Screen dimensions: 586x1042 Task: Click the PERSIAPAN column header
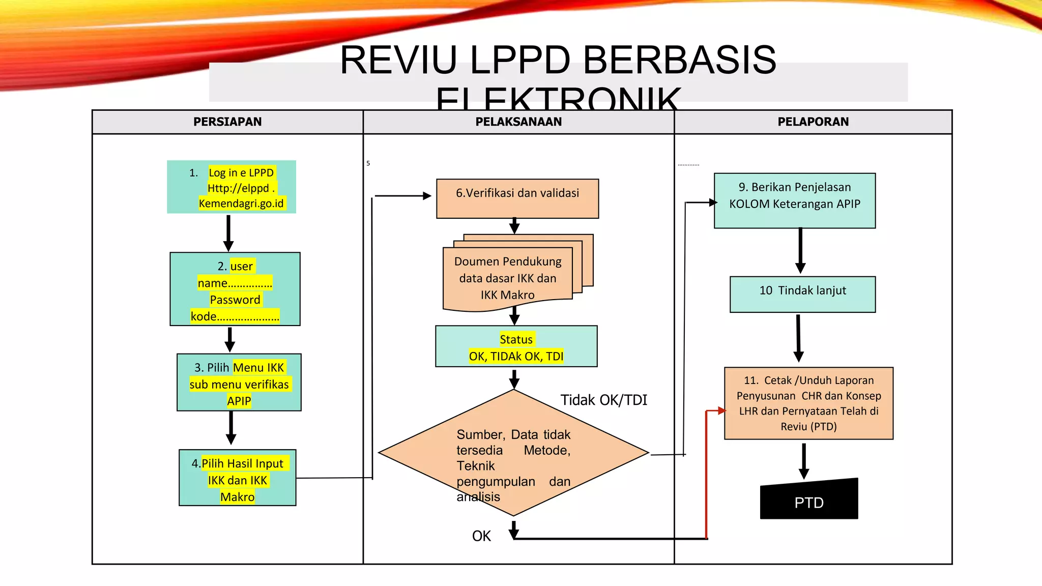[227, 122]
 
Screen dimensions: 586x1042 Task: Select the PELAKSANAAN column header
[518, 122]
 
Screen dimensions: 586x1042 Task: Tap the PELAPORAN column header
[813, 122]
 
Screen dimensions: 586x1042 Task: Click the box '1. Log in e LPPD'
[231, 187]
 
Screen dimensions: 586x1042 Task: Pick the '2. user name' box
[235, 289]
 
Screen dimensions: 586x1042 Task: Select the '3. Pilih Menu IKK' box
[239, 383]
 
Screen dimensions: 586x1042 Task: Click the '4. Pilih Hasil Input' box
[238, 478]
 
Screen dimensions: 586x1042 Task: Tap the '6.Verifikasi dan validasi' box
[517, 199]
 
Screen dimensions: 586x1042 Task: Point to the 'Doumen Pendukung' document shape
[508, 278]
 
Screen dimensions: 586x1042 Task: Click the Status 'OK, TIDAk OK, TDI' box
[516, 347]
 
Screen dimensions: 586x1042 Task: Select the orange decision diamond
[513, 453]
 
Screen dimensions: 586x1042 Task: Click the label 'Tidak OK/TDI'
[603, 400]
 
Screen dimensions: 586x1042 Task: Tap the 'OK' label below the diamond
[481, 536]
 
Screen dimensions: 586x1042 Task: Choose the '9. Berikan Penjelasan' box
[795, 201]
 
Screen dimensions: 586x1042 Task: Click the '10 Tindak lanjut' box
[802, 295]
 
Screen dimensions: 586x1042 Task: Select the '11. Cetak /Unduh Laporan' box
[808, 403]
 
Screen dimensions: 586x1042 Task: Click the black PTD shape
[809, 501]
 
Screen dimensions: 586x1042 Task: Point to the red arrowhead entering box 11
[721, 411]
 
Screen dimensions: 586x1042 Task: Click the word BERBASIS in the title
[679, 60]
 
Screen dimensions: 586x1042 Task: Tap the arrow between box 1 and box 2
[228, 233]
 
